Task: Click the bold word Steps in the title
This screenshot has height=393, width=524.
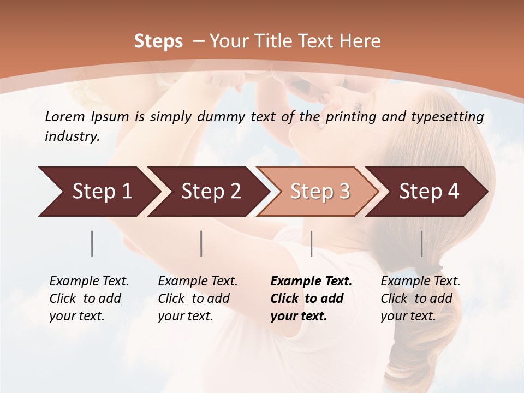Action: pyautogui.click(x=158, y=41)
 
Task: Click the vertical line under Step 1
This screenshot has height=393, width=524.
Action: pyautogui.click(x=92, y=243)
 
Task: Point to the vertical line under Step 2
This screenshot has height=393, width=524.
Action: pyautogui.click(x=201, y=243)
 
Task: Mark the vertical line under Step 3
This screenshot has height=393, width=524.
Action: pyautogui.click(x=311, y=243)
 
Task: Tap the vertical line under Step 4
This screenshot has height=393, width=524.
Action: pyautogui.click(x=421, y=243)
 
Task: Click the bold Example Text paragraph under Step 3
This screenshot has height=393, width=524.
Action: pyautogui.click(x=311, y=299)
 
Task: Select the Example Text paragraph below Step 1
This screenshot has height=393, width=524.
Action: pyautogui.click(x=89, y=299)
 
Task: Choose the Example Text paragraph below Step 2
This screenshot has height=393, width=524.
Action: pyautogui.click(x=198, y=299)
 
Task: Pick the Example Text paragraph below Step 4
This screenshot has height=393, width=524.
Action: pyautogui.click(x=420, y=299)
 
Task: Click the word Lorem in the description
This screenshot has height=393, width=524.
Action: pyautogui.click(x=65, y=116)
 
